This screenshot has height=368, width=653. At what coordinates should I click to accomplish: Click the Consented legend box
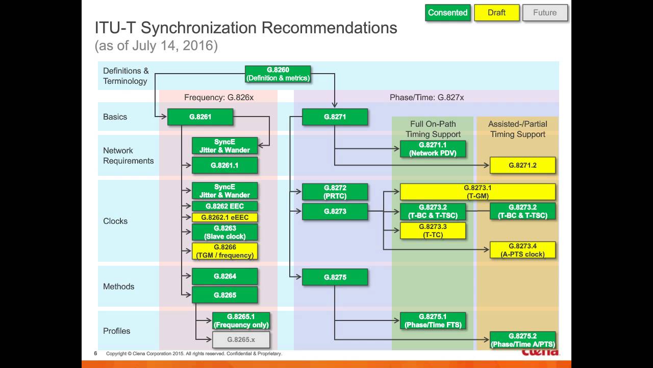[447, 13]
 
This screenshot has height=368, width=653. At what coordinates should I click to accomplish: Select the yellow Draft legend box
[496, 13]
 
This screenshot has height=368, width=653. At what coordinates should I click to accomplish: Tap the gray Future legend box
[545, 13]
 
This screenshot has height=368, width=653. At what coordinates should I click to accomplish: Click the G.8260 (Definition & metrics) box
[278, 74]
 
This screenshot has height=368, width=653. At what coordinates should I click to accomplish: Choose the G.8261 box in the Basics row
[200, 117]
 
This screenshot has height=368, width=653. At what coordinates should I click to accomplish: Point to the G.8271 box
[335, 117]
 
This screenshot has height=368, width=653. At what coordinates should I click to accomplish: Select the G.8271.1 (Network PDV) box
[433, 149]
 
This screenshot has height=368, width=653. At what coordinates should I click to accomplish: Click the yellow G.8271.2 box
[522, 166]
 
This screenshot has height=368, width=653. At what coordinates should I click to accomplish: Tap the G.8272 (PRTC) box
[335, 192]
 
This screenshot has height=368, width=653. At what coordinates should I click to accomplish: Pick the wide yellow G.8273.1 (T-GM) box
[478, 192]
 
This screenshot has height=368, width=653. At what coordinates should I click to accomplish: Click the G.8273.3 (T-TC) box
[433, 231]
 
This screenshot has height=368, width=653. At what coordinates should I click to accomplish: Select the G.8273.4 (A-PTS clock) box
[522, 250]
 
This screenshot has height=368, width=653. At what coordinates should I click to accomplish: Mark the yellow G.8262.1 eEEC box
[224, 217]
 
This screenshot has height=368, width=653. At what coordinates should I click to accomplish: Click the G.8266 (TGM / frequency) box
[224, 251]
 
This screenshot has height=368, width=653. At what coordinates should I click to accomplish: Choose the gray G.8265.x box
[241, 340]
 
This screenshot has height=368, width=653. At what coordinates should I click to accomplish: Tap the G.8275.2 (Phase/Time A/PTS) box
[522, 340]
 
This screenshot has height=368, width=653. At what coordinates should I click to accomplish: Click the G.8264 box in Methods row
[224, 277]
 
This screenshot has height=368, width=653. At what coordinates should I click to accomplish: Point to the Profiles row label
[117, 331]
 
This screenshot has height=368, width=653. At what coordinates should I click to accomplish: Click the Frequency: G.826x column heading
[218, 97]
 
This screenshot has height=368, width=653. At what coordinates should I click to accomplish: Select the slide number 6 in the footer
[95, 354]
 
